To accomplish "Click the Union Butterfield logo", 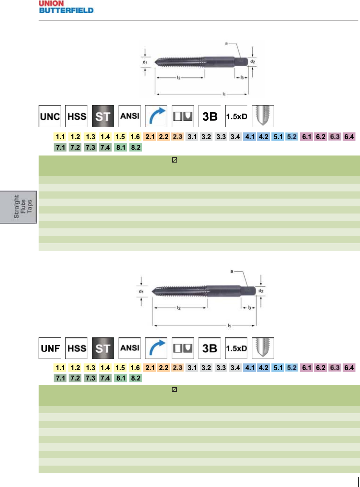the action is pos(66,7).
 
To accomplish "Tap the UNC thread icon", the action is pos(50,116).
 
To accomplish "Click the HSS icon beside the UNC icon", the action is pos(77,116).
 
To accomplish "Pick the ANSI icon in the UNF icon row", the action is pos(130,348).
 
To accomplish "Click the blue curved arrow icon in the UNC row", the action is pos(156,116).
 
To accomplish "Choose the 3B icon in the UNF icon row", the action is pos(210,348).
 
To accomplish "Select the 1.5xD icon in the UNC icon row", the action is pos(236,116).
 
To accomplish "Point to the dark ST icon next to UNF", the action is pos(103,348).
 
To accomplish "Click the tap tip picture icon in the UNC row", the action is pos(263,116).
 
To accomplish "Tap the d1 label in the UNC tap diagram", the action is pos(145,62).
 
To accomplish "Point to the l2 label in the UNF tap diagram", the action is pos(179,308).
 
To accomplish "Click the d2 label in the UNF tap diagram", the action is pos(261,291).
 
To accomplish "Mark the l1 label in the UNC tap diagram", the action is pos(224,94).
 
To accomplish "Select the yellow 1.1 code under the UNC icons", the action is pos(60,137).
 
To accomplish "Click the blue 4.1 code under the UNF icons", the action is pos(250,368).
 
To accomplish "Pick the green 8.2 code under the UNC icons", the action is pos(136,147).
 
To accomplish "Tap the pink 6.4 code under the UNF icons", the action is pos(349,368).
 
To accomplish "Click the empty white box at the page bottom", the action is pos(323,482).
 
